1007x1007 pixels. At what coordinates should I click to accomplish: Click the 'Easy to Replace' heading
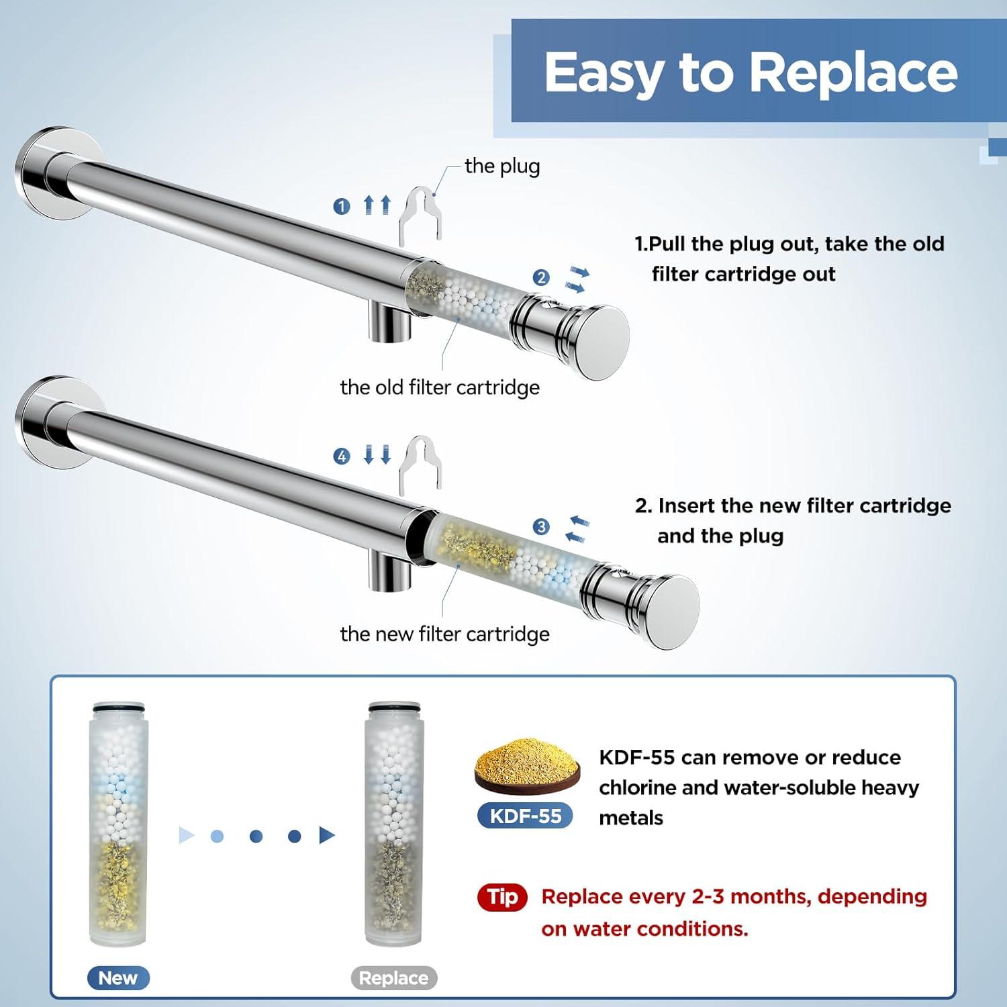click(x=751, y=73)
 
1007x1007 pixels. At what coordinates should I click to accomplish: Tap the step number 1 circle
click(x=342, y=206)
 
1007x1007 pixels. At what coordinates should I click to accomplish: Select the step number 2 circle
click(x=541, y=277)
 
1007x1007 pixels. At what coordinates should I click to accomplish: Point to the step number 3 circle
click(x=541, y=527)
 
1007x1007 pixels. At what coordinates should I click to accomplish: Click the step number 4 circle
click(x=342, y=457)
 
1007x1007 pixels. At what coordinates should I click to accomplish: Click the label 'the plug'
click(x=502, y=166)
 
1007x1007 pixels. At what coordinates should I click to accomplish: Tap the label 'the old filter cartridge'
click(x=440, y=387)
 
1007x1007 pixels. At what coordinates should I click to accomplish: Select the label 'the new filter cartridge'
click(x=444, y=634)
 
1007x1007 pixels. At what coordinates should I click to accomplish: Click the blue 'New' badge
click(x=118, y=978)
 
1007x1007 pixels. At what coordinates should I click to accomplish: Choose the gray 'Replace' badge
click(x=394, y=978)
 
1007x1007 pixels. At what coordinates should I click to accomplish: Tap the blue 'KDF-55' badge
click(x=526, y=816)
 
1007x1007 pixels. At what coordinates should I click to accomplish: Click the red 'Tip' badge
click(x=503, y=897)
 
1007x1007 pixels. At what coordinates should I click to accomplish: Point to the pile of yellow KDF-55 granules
click(x=527, y=765)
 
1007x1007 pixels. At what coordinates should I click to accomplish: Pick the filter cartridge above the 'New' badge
click(x=117, y=824)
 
